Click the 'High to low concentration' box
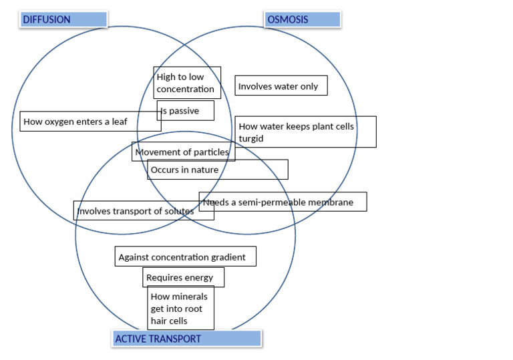tap(187, 83)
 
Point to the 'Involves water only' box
tap(281, 86)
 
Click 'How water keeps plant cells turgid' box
tap(305, 132)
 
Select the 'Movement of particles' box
tap(182, 152)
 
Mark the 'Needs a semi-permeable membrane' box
tap(283, 202)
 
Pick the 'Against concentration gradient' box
tap(185, 257)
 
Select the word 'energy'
tap(198, 277)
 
